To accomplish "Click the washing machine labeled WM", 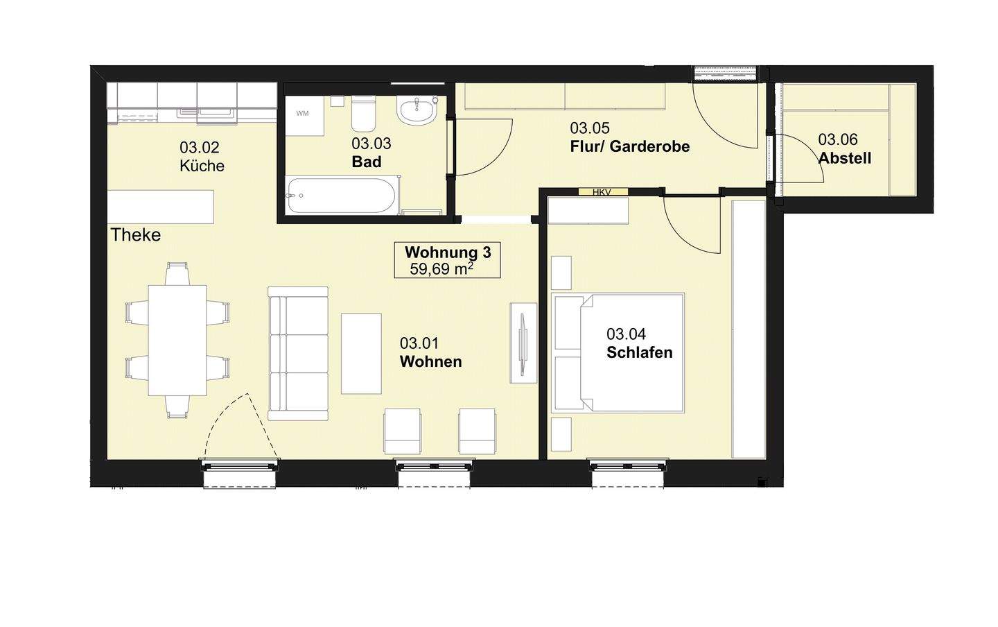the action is click(305, 116).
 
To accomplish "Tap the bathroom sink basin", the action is click(416, 112).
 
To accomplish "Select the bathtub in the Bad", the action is click(342, 196).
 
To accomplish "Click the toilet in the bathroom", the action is click(364, 114).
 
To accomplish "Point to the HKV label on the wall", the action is click(602, 192).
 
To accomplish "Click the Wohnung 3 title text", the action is click(448, 252).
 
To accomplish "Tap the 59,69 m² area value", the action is click(441, 269).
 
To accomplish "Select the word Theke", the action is click(135, 235).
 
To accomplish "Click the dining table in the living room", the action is click(177, 341).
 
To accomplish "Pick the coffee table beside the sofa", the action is click(361, 354).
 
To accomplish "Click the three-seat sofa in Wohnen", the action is click(298, 353).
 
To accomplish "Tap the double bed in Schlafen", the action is click(618, 353).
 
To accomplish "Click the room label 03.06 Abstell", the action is click(844, 149).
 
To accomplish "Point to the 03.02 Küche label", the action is click(202, 157).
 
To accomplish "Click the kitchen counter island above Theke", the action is click(160, 207).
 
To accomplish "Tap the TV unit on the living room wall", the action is click(523, 343).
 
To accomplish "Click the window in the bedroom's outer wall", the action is click(628, 467).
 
